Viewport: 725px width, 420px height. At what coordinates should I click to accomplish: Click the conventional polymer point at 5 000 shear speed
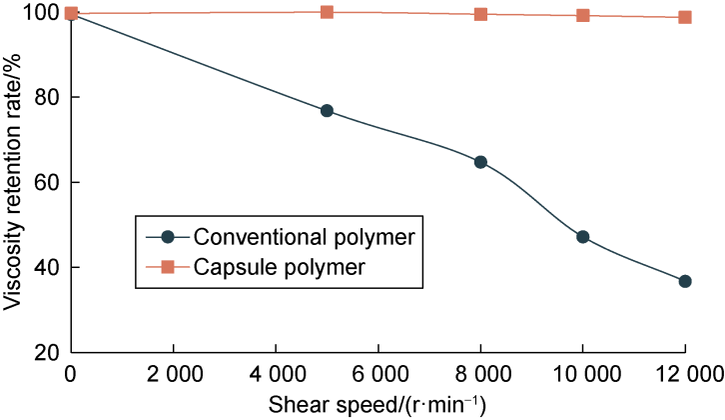coord(327,111)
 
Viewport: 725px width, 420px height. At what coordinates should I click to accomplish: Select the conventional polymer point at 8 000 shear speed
coord(480,162)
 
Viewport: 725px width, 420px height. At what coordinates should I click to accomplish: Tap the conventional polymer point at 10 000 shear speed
coord(583,237)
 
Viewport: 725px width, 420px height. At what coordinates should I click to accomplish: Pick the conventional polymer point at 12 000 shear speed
coord(685,282)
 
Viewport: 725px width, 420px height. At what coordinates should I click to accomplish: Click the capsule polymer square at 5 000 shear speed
coord(327,12)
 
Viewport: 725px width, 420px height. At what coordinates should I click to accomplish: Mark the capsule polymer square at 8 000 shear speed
coord(480,14)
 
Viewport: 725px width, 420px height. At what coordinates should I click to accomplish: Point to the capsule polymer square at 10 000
coord(583,16)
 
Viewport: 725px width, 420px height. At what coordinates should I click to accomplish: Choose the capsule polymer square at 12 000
coord(685,17)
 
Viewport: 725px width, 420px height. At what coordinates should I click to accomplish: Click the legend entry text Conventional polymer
coord(305,237)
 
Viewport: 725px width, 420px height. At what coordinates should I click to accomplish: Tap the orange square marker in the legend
coord(168,267)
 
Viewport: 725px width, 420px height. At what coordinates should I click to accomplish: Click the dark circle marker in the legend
coord(168,237)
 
